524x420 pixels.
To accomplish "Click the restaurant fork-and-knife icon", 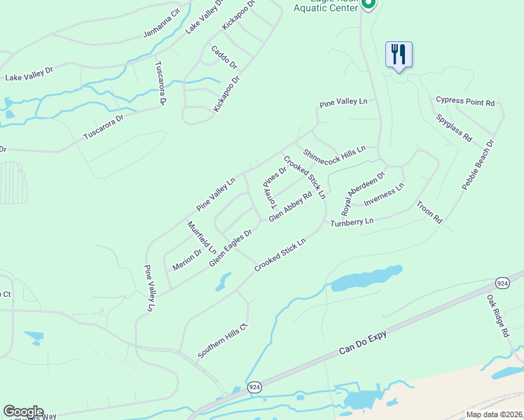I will [x=399, y=54].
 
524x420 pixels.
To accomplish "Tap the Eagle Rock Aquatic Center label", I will [x=324, y=6].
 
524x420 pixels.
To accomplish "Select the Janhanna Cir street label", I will [x=161, y=23].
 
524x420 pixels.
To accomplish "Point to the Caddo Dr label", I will [x=225, y=58].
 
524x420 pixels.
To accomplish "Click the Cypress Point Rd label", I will [x=465, y=101].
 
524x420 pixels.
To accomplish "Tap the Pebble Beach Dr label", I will [x=478, y=164].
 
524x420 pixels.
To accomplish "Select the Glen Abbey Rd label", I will [x=290, y=207].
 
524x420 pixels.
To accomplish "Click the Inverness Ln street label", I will [x=384, y=195].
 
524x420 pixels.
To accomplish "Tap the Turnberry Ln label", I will [x=352, y=221].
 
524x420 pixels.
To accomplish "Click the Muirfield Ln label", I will [x=202, y=238].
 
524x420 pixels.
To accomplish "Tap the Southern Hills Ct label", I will [x=223, y=340].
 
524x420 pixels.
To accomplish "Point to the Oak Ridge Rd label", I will [x=498, y=316].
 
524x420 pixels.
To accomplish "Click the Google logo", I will [x=23, y=412].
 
